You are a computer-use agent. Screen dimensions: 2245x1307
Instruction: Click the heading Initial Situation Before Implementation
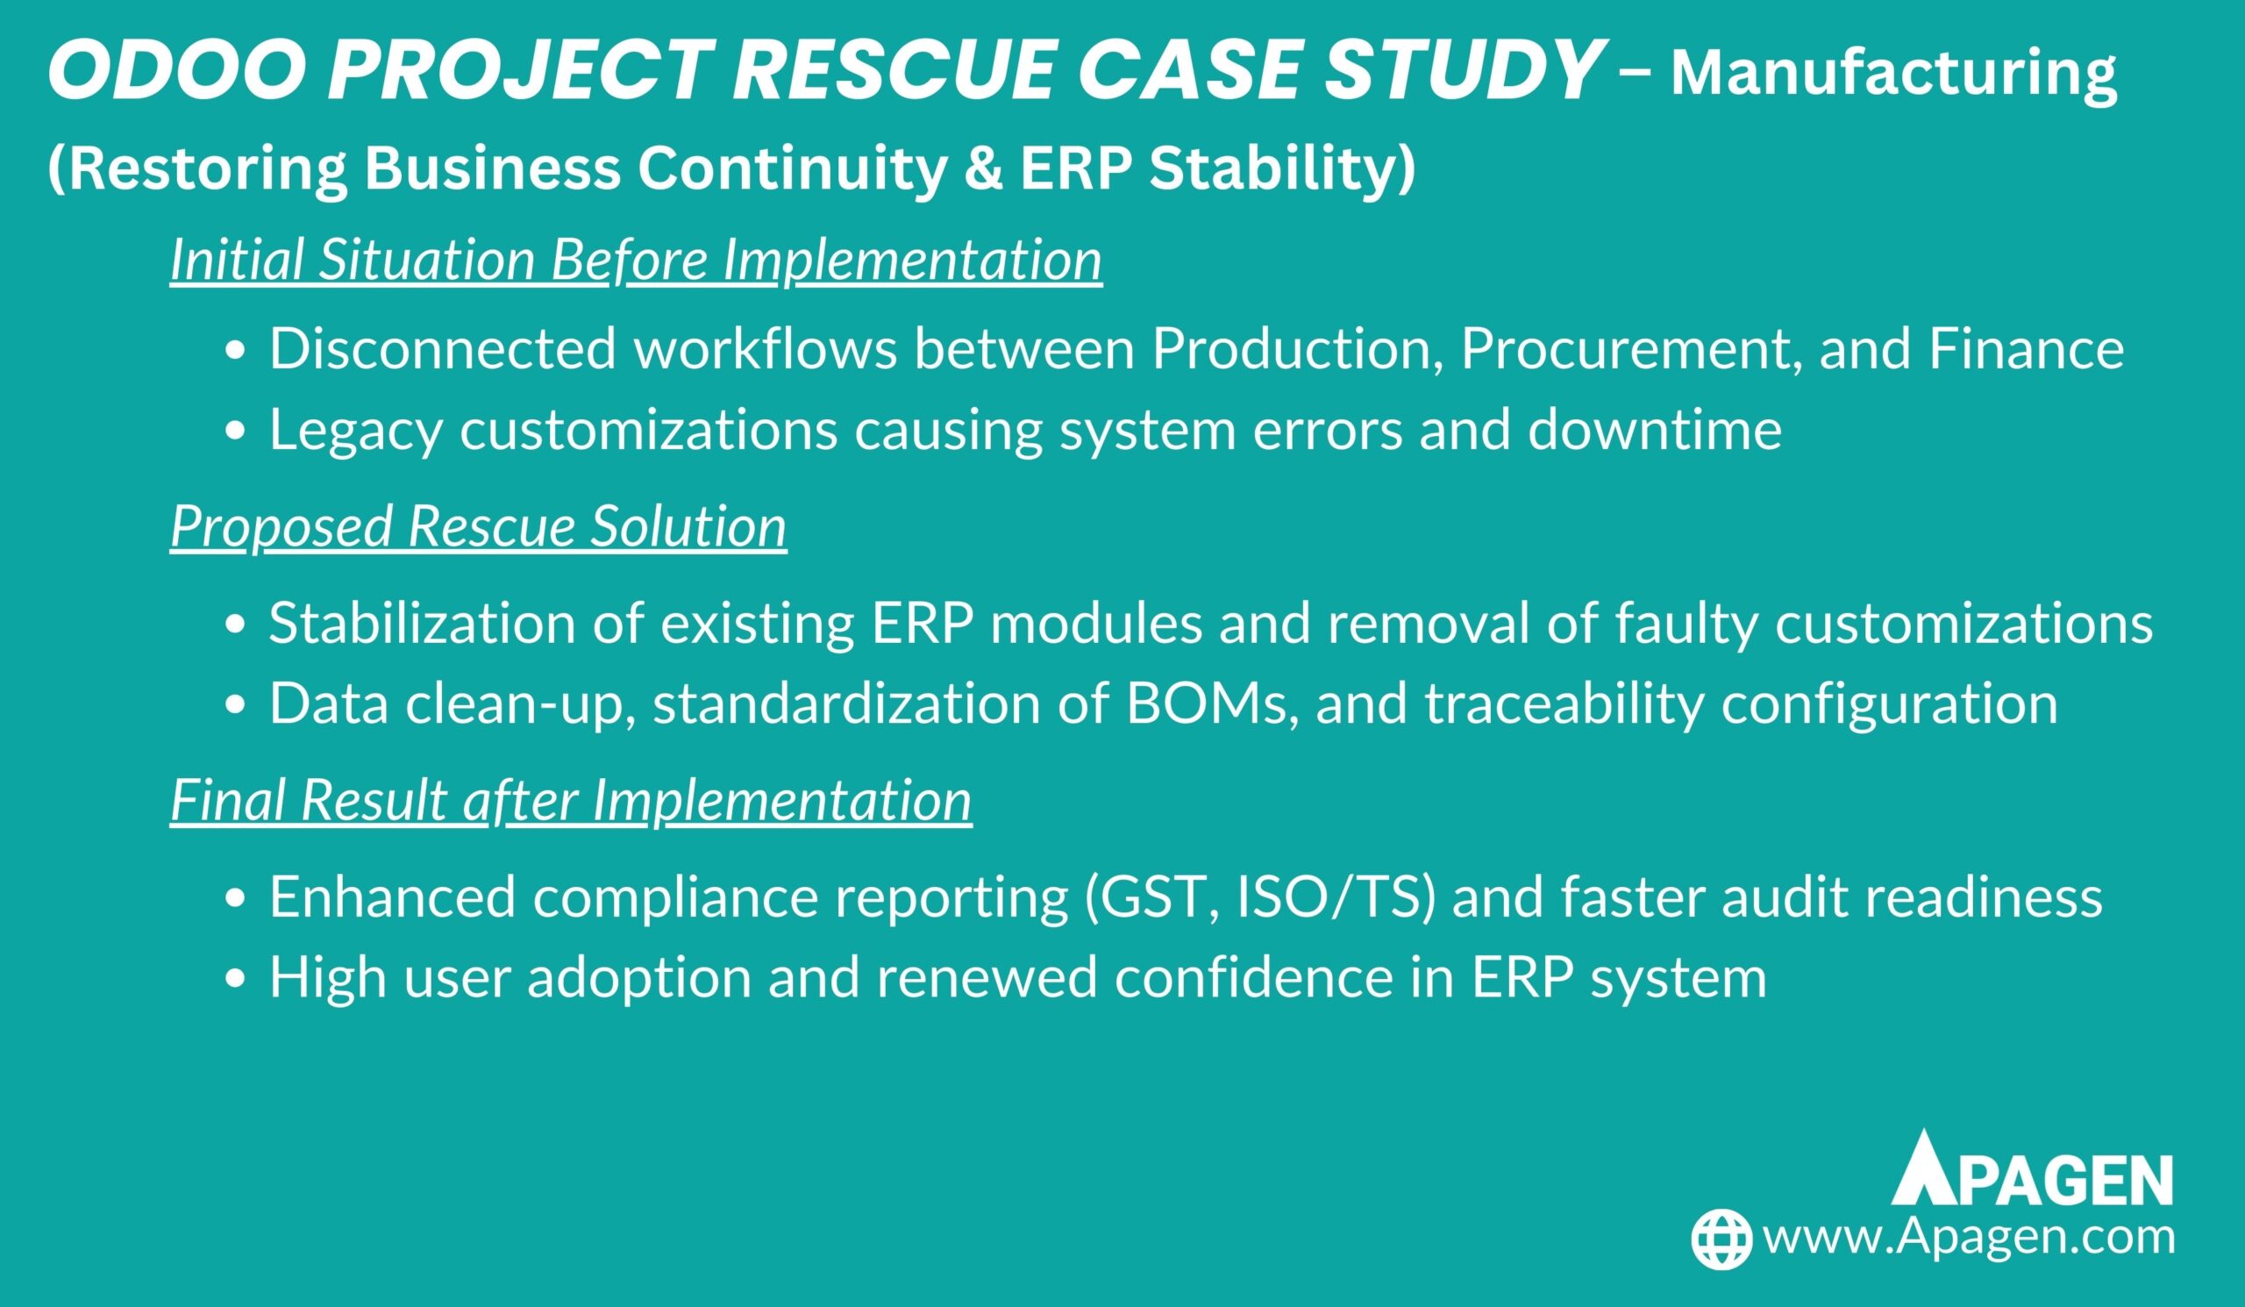(x=636, y=260)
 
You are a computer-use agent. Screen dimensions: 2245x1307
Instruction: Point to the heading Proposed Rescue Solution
(x=479, y=525)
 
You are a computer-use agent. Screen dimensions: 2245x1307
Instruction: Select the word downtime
(x=1654, y=429)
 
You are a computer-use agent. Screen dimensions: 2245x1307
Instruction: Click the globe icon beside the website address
(x=1722, y=1239)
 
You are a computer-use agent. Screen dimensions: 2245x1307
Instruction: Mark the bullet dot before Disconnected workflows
(x=234, y=353)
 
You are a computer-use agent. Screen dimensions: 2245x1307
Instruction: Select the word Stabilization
(x=423, y=622)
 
